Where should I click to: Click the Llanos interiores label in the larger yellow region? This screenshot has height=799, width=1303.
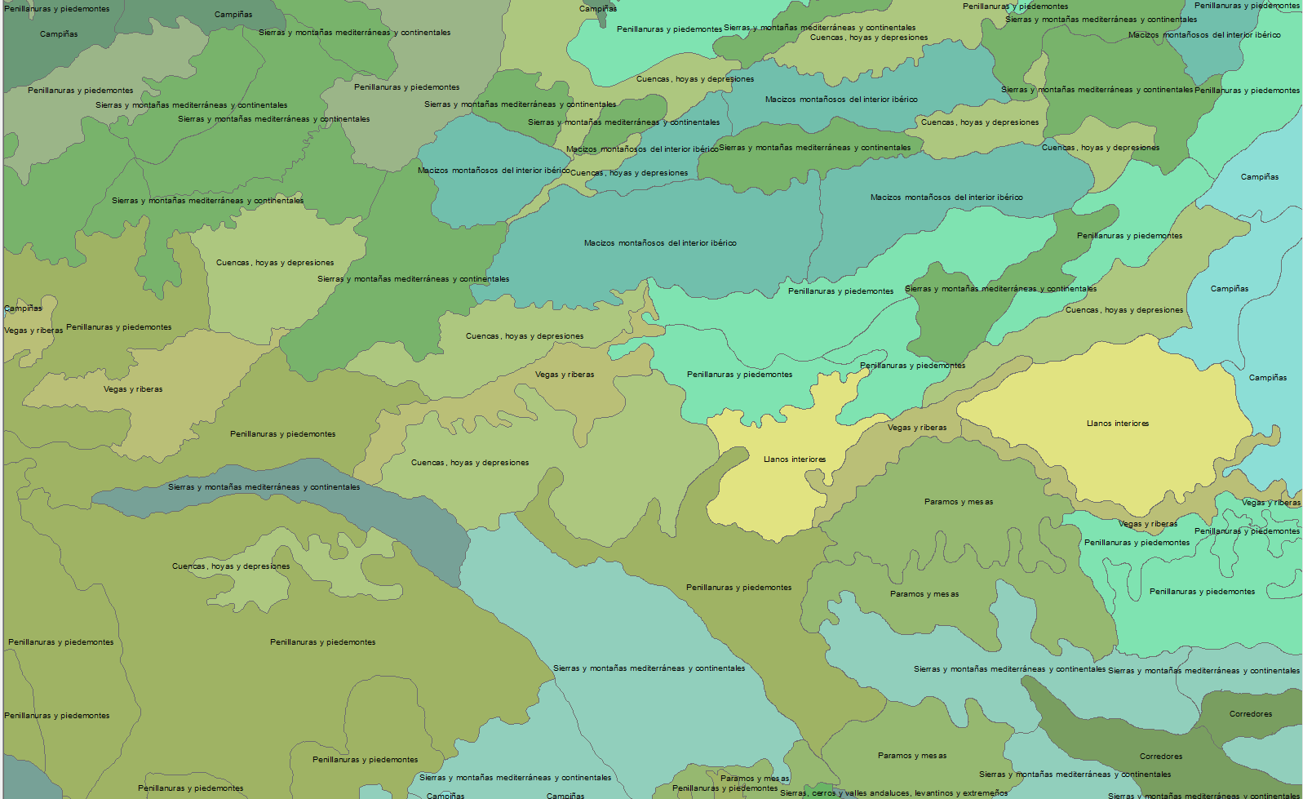(x=1117, y=424)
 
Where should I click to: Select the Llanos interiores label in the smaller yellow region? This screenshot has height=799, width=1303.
(x=794, y=459)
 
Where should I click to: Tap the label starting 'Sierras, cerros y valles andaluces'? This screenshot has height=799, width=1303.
(x=893, y=793)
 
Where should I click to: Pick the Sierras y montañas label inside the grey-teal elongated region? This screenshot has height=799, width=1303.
(x=264, y=487)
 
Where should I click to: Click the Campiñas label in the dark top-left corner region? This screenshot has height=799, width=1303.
(x=59, y=34)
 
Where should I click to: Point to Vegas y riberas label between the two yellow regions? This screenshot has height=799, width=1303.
(x=917, y=428)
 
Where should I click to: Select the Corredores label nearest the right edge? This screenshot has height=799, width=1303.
(x=1250, y=714)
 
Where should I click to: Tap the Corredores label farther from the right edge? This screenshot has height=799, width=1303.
(x=1160, y=757)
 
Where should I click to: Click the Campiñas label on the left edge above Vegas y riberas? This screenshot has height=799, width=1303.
(x=23, y=309)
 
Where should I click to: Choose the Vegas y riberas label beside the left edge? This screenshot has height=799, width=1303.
(x=33, y=331)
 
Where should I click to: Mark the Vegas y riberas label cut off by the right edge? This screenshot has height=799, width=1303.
(x=1270, y=503)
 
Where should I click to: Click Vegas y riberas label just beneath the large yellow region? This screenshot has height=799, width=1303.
(x=1147, y=524)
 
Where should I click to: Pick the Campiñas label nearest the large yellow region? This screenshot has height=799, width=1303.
(x=1267, y=378)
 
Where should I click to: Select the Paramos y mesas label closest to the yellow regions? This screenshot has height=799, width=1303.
(x=958, y=502)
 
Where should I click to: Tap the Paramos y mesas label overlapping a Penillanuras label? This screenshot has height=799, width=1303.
(x=754, y=779)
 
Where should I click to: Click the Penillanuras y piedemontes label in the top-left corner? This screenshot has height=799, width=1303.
(x=56, y=9)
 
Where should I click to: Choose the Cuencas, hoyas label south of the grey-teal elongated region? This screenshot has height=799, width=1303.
(x=231, y=566)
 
